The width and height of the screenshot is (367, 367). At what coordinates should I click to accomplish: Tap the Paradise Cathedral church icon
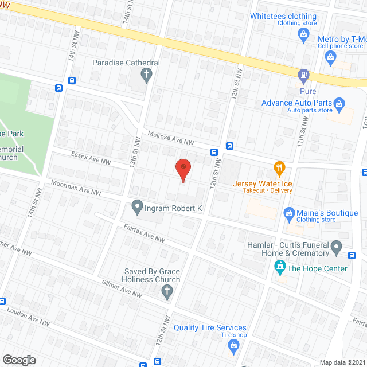pos(146,74)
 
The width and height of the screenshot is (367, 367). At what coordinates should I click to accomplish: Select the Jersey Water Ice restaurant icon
pos(279,168)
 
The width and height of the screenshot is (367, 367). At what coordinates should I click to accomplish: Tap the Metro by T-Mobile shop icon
pos(330,56)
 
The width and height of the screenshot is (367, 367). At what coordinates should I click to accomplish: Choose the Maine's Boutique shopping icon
pos(290,214)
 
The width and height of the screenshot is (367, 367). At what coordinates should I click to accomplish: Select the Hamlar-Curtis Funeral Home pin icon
pos(337,249)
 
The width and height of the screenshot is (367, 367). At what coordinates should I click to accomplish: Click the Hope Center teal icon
pos(280,266)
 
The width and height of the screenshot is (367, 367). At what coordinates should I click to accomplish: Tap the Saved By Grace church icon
pos(167,292)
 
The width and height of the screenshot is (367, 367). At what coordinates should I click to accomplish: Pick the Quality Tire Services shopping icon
pos(233,345)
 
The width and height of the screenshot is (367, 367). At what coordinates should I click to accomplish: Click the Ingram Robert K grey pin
pos(137,205)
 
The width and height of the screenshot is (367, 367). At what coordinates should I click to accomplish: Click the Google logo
pos(19,360)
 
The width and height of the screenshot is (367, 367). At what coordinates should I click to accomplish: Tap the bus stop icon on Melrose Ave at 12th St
pos(214,153)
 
